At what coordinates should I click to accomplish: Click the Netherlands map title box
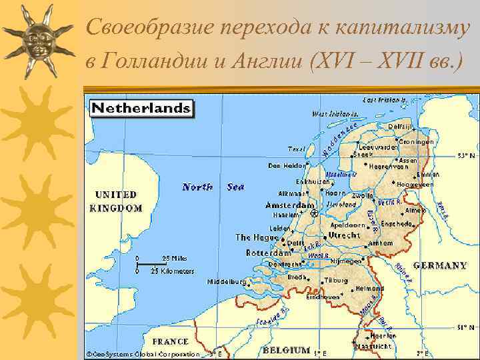[141, 108]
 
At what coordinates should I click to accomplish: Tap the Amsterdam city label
[289, 205]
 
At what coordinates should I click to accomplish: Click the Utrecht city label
[343, 235]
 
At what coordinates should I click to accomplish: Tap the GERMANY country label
[440, 265]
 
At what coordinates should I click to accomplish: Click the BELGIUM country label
[286, 350]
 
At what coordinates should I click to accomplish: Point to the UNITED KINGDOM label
[119, 201]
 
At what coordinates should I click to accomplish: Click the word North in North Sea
[197, 187]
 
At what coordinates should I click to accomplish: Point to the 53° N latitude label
[466, 155]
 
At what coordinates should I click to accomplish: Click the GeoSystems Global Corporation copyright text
[145, 353]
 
